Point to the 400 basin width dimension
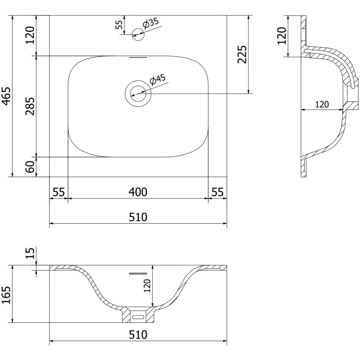[x=138, y=192]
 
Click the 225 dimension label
[x=242, y=54]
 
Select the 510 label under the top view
[x=138, y=217]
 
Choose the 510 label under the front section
[x=138, y=335]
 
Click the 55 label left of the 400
[x=58, y=192]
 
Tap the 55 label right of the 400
[x=217, y=192]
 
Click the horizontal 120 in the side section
[x=321, y=104]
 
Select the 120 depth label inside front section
[x=147, y=285]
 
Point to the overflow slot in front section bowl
[x=138, y=273]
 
